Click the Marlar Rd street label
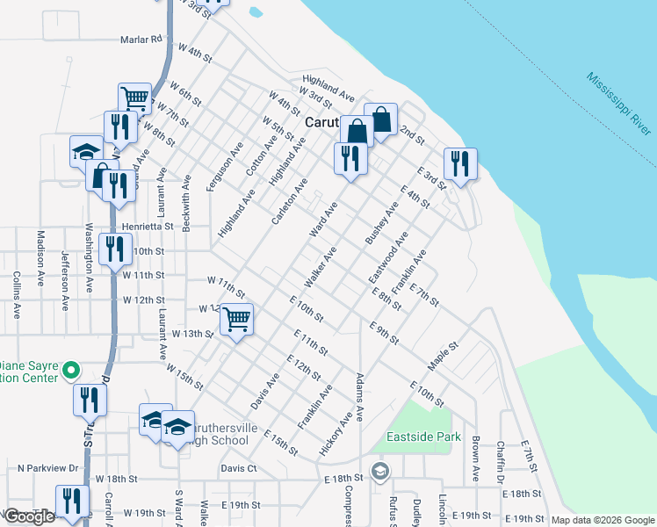[x=143, y=40]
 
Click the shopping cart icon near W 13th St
[x=236, y=319]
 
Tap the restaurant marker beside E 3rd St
[x=460, y=164]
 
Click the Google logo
[x=30, y=516]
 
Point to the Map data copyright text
[x=602, y=520]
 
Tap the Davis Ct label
[x=239, y=469]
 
